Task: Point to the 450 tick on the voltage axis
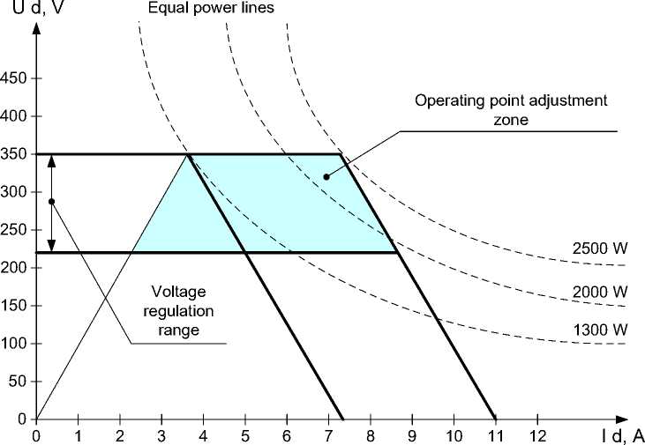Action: [x=16, y=78]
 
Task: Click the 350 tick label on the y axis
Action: [x=16, y=154]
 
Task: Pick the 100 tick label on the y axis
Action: [x=16, y=344]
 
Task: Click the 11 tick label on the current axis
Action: [x=495, y=434]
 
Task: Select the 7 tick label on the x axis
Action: [x=328, y=434]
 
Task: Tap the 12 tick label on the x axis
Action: [x=536, y=434]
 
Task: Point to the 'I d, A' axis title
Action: [x=619, y=434]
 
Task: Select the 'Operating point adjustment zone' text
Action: [x=511, y=108]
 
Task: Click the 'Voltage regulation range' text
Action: [x=184, y=309]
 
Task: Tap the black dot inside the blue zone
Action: [x=326, y=177]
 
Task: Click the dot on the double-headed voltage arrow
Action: [x=51, y=202]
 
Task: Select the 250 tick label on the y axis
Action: [x=16, y=230]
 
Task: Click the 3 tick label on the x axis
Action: [x=161, y=434]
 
